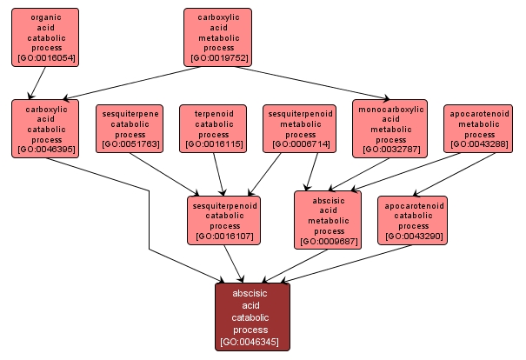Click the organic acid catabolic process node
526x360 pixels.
[x=44, y=37]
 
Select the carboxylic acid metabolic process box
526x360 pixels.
[x=217, y=37]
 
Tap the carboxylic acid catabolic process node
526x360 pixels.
[x=44, y=128]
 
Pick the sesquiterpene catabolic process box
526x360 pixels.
[x=130, y=128]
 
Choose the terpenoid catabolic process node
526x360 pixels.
[x=214, y=128]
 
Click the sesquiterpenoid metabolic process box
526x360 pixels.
[x=300, y=128]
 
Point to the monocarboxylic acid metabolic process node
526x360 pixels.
[x=390, y=128]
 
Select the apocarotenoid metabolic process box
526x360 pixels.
[x=479, y=128]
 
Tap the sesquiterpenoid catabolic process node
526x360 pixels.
[x=223, y=220]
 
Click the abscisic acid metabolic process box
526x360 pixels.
[x=329, y=220]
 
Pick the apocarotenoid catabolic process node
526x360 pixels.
[x=412, y=220]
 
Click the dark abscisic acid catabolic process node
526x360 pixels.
[x=252, y=317]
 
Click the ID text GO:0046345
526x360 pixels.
[x=252, y=342]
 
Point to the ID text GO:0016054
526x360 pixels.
[x=44, y=58]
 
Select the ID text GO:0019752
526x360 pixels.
[x=217, y=58]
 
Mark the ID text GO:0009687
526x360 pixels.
[x=329, y=242]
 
